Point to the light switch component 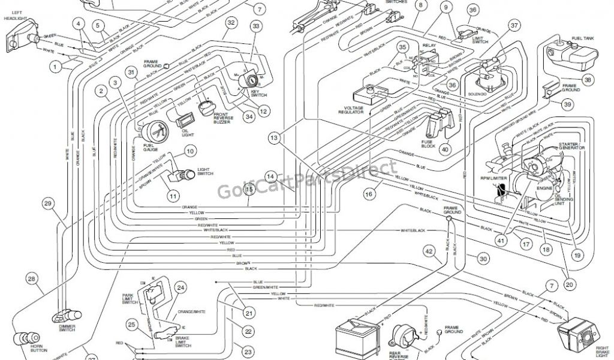[185, 175]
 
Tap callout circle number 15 [249, 189]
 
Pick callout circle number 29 [48, 205]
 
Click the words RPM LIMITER [490, 178]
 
